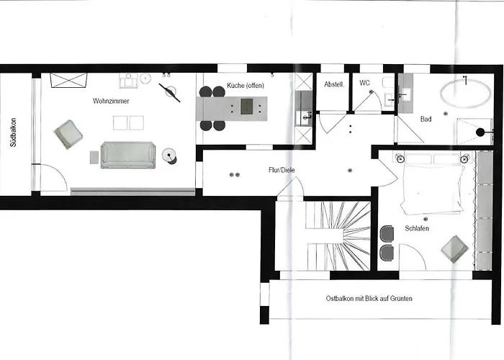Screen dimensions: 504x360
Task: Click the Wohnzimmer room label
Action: (111, 101)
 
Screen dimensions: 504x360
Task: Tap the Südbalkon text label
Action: (13, 132)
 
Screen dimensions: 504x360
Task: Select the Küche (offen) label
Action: (246, 86)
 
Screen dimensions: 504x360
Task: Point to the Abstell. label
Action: (334, 84)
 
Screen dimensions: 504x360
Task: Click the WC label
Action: (364, 83)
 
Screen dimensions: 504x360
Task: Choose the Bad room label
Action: (426, 119)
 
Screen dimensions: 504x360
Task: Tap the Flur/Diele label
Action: (282, 170)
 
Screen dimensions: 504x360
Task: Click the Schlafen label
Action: (417, 228)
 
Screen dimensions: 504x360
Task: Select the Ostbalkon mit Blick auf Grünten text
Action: (369, 298)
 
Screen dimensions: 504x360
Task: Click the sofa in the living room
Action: (128, 155)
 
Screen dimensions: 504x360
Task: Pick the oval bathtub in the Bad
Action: (465, 93)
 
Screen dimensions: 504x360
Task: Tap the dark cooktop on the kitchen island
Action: (247, 107)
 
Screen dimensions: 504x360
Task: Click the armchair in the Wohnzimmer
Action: (68, 135)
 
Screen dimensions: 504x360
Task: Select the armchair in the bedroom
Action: (454, 249)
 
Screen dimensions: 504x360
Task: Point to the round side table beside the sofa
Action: (169, 156)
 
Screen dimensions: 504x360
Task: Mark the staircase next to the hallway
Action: (338, 235)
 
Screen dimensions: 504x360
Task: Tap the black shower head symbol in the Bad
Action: (480, 132)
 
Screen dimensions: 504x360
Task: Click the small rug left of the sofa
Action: (94, 157)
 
